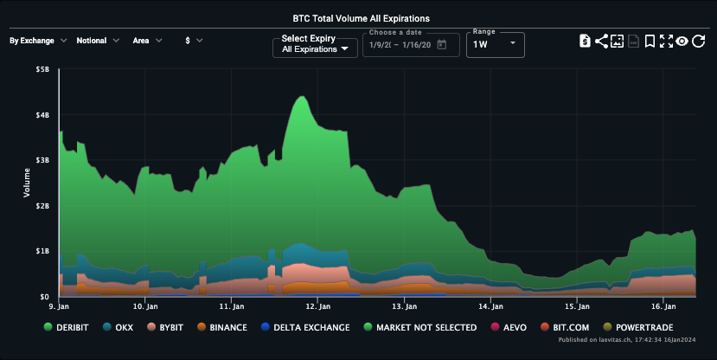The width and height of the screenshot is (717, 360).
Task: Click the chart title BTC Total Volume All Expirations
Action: point(362,17)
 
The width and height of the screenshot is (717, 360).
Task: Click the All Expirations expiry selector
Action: point(315,49)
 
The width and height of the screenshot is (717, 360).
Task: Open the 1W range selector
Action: point(495,44)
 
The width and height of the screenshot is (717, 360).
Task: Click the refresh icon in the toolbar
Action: point(698,41)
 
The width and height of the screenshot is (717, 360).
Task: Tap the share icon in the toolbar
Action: point(601,41)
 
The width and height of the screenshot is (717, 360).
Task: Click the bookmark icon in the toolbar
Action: point(650,41)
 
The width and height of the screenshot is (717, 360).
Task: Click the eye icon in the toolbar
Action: point(682,41)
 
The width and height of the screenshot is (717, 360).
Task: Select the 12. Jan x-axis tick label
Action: point(319,306)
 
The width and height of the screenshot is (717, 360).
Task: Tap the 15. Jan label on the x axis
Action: point(577,306)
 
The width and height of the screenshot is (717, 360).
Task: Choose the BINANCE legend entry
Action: point(221,328)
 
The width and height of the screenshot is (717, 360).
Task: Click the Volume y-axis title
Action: point(27,183)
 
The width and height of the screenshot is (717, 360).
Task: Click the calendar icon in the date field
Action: point(442,45)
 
